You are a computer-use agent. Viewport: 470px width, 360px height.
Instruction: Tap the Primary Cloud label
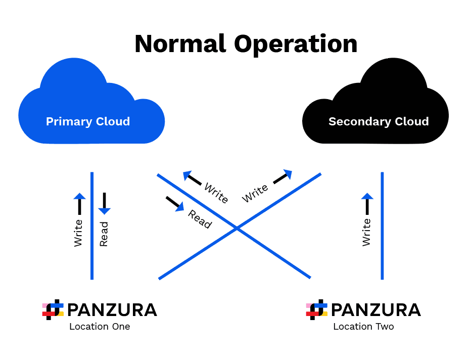[x=88, y=122]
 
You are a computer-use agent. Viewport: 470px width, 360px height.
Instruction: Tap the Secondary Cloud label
[x=379, y=122]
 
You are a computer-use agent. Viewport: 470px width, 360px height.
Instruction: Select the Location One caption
[x=100, y=327]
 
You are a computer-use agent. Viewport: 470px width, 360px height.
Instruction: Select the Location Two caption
[x=363, y=327]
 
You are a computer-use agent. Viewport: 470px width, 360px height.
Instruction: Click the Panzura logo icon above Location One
[x=53, y=309]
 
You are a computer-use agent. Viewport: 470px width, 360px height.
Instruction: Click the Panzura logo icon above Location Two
[x=316, y=309]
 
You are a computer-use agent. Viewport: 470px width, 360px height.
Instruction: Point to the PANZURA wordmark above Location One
[x=112, y=309]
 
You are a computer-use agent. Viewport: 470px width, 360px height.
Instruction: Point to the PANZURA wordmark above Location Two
[x=376, y=309]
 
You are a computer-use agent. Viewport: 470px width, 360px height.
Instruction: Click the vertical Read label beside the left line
[x=104, y=234]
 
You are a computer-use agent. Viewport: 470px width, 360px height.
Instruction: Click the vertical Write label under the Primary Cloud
[x=78, y=233]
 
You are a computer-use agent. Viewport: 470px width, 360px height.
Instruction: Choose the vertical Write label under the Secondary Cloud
[x=367, y=233]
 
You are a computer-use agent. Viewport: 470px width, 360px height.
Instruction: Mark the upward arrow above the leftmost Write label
[x=79, y=203]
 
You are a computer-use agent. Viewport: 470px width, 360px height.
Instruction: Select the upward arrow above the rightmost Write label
[x=367, y=203]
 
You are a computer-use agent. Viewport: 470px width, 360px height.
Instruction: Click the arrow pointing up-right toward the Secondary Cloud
[x=283, y=176]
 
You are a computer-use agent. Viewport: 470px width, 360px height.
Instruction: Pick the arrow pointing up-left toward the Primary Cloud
[x=193, y=177]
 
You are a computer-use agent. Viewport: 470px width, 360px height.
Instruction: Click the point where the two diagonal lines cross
[x=237, y=229]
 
